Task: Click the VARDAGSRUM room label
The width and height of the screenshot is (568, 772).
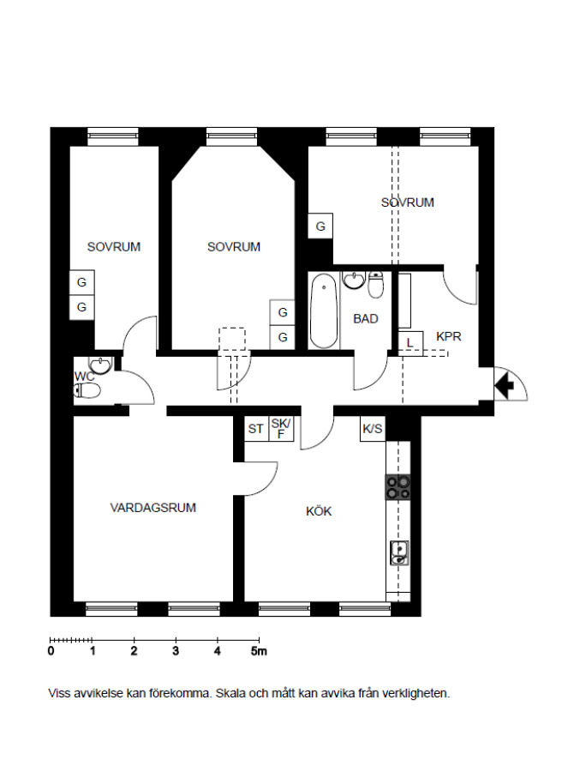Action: pos(153,508)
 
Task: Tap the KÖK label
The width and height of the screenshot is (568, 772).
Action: pos(319,511)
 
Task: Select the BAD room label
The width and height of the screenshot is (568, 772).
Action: pos(366,318)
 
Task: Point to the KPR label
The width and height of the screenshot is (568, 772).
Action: pos(449,337)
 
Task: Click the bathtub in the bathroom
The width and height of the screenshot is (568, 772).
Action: pos(324,311)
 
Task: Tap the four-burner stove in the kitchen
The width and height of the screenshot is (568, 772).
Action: pos(398,487)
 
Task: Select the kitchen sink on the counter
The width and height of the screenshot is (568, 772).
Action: pos(399,552)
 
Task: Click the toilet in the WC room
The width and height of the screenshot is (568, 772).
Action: pos(87,390)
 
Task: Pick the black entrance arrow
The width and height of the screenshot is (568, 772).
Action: pos(504,385)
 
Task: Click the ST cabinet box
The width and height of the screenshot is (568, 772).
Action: pos(256,429)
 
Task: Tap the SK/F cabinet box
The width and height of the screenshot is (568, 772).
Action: pos(281,429)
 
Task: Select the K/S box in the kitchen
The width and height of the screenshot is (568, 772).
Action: pos(373,429)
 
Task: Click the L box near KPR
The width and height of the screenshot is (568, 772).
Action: pos(410,343)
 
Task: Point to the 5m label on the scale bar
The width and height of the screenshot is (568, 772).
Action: pos(259,651)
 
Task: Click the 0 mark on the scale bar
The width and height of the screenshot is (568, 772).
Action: pos(51,651)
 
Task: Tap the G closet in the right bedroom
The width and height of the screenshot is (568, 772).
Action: pos(320,226)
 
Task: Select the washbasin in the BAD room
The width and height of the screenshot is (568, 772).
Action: pos(354,280)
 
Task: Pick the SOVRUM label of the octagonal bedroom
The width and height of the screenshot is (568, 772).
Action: pos(234,247)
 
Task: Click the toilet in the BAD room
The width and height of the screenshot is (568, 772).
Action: pos(376,285)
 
